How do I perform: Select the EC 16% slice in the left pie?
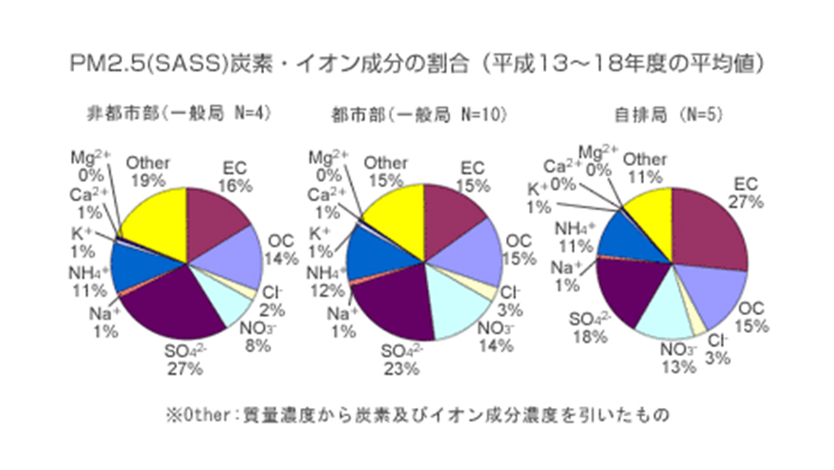218,218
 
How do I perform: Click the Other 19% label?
147,171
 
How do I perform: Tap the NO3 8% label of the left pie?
257,337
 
